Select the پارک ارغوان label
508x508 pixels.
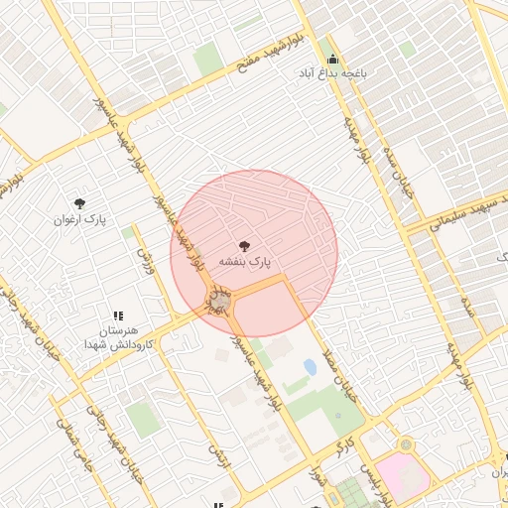click(x=79, y=218)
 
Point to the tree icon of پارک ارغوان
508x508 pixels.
click(x=79, y=201)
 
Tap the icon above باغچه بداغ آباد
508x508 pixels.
click(x=332, y=58)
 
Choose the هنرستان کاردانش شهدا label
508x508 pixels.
click(x=118, y=335)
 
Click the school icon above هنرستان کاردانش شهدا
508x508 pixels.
click(x=118, y=316)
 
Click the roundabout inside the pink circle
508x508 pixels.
click(x=219, y=299)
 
